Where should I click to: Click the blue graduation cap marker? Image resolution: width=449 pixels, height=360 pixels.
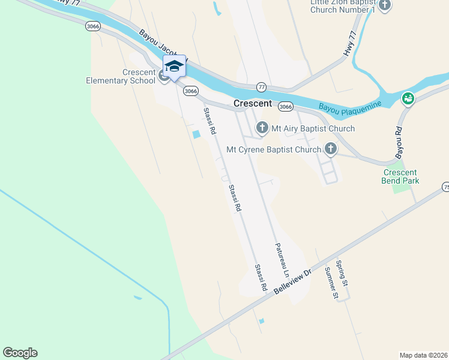174,66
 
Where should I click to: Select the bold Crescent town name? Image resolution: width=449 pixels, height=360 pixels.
253,103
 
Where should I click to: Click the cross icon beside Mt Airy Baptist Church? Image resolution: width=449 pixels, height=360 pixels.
262,128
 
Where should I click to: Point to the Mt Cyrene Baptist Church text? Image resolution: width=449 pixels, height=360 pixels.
273,149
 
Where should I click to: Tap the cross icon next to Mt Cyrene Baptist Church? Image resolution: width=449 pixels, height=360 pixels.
330,148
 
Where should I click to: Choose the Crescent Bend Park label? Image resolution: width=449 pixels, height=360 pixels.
401,176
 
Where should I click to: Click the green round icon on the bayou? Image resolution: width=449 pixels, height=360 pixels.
408,98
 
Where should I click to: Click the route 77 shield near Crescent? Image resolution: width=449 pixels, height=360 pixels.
261,86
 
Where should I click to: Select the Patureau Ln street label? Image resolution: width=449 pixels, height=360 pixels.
282,260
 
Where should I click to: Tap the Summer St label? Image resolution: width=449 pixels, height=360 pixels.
330,283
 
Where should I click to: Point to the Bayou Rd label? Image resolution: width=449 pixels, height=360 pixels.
399,143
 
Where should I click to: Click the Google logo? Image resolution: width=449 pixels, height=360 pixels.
20,353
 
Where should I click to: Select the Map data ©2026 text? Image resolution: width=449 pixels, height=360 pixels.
424,355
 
